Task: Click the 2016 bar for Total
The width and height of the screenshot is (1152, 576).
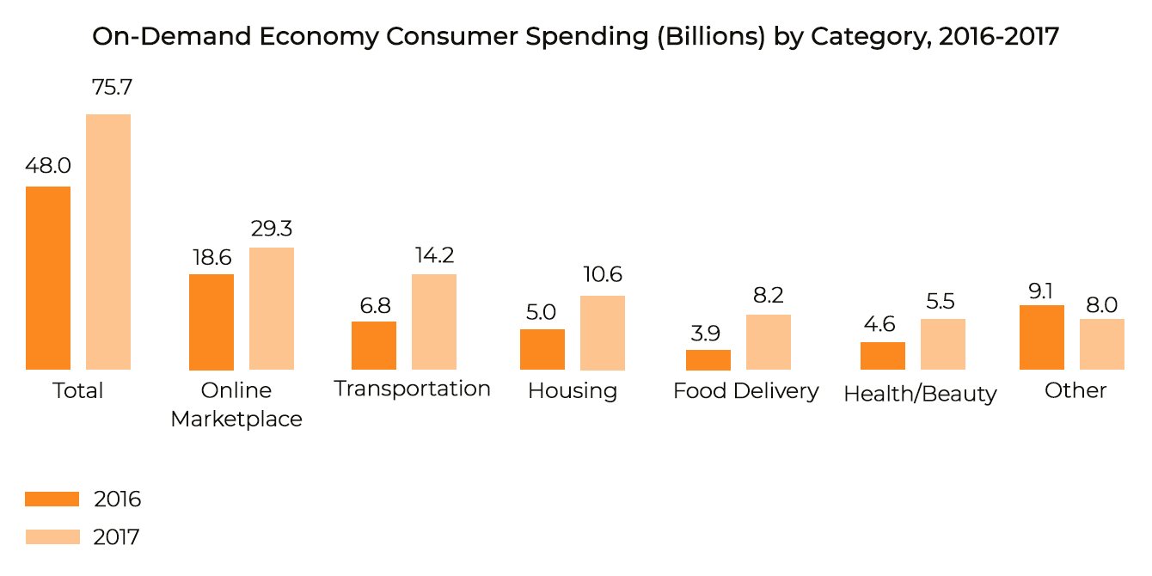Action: click(48, 278)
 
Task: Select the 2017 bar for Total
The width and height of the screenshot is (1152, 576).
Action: click(108, 242)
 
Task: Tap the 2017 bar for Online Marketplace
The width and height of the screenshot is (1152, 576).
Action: click(272, 309)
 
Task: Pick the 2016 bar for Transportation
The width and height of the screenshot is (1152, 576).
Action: click(374, 346)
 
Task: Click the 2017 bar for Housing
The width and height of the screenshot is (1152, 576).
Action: click(603, 333)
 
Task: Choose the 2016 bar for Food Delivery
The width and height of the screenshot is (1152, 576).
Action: click(708, 359)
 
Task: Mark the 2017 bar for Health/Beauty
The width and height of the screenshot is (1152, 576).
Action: click(943, 344)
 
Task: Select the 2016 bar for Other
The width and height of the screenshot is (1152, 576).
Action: click(1042, 337)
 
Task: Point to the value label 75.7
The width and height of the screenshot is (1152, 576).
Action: click(108, 88)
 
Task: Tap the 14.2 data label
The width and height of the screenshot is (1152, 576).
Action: click(434, 255)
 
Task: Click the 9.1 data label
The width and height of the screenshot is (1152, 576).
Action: click(1041, 291)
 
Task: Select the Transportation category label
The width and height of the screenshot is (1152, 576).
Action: click(413, 389)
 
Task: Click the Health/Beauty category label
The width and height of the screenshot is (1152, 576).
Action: click(920, 394)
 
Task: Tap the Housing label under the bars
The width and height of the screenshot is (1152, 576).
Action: click(573, 391)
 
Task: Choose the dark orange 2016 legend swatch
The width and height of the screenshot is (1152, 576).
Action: click(52, 499)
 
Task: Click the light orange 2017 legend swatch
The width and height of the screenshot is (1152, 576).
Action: click(52, 536)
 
